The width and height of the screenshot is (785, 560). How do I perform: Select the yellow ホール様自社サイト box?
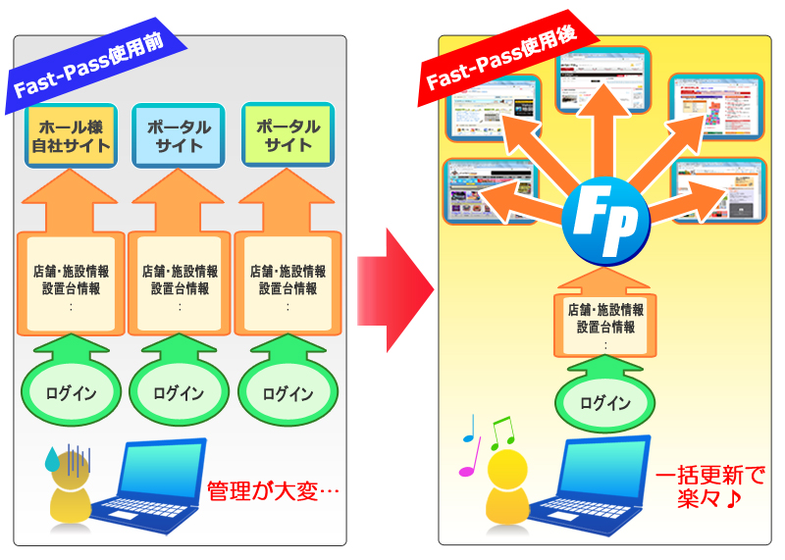(x=72, y=136)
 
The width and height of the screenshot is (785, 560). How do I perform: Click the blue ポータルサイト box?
(x=179, y=136)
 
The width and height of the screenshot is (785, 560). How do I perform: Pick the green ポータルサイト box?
(x=288, y=136)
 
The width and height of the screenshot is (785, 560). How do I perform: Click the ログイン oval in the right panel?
(x=605, y=403)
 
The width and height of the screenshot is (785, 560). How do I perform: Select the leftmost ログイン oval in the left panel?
(x=71, y=393)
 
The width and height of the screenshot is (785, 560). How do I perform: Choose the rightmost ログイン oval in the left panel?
(x=288, y=393)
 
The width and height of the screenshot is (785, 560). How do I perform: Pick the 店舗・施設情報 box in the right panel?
(x=605, y=319)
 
